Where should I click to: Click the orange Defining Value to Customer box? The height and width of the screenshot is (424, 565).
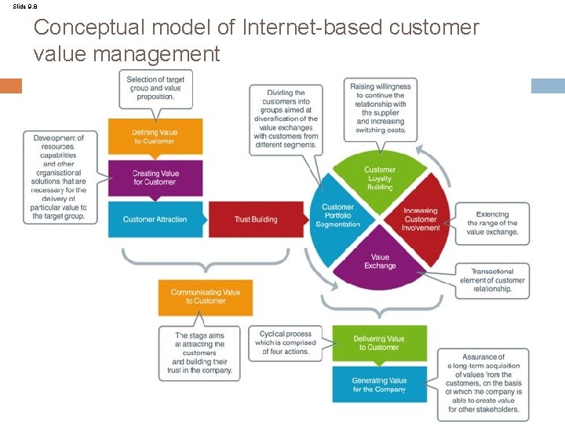click(155, 137)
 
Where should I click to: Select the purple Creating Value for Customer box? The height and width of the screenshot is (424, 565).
click(155, 177)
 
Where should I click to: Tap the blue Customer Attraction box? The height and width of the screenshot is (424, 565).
click(155, 219)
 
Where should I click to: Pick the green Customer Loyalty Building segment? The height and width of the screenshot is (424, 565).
click(380, 179)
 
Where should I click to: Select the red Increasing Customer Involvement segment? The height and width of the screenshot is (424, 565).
click(421, 219)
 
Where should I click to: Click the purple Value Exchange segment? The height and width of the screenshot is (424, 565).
click(380, 261)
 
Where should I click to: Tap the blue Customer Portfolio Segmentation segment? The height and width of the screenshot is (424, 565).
click(338, 216)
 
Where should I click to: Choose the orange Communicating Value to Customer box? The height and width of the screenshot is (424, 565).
click(205, 296)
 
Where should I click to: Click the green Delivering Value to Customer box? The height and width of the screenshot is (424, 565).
click(379, 342)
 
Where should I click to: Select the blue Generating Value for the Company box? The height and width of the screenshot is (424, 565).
click(379, 385)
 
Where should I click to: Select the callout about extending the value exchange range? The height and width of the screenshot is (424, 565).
click(492, 223)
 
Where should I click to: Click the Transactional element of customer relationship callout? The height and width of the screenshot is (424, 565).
click(492, 280)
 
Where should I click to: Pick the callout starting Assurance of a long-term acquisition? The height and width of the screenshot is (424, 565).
click(483, 383)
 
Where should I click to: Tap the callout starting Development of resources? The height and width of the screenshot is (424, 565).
click(60, 177)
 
